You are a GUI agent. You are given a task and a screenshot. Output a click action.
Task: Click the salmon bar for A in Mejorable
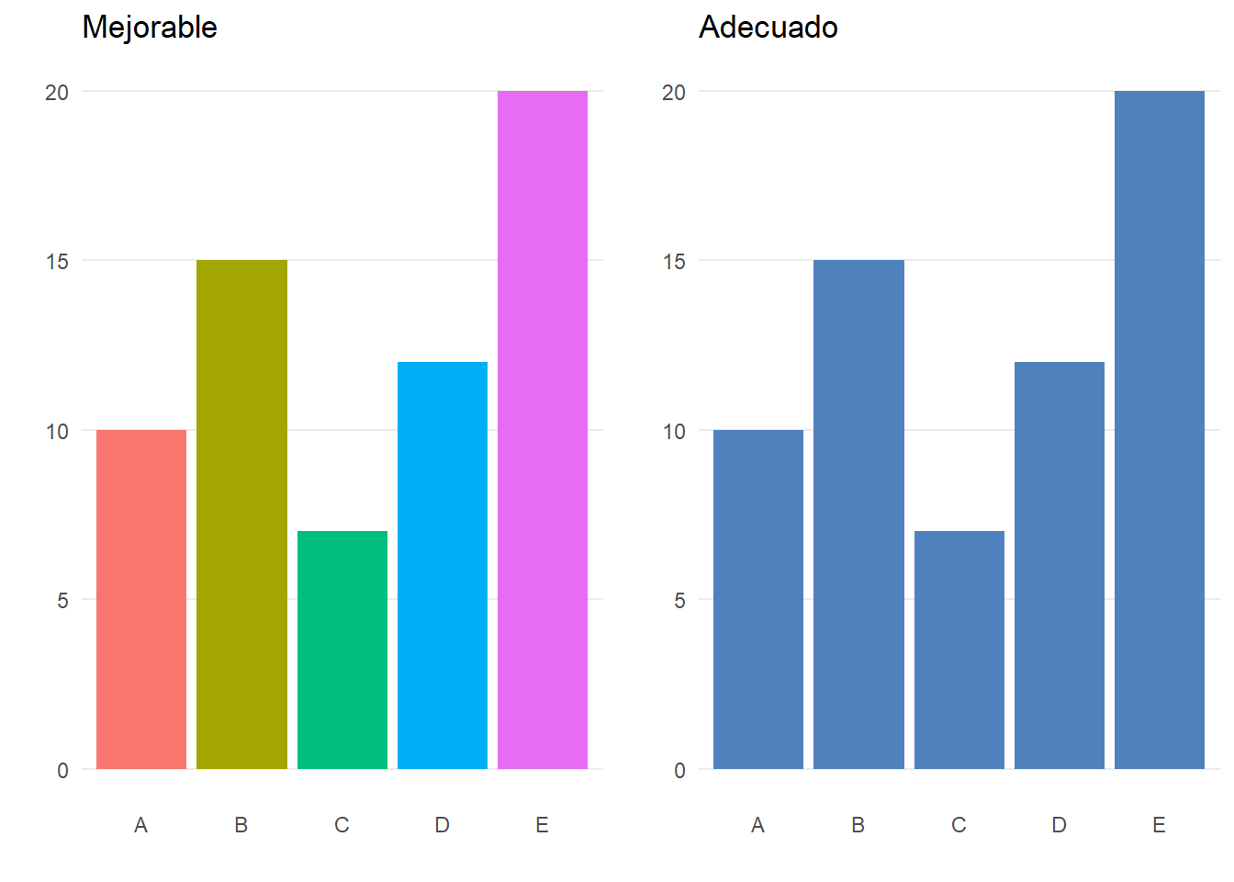141,599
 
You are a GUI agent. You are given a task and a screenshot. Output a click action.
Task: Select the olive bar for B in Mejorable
241,514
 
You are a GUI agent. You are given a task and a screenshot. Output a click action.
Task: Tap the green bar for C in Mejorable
342,650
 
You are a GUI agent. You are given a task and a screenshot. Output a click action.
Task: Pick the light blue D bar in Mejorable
443,565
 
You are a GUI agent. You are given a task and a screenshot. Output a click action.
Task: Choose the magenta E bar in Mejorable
543,430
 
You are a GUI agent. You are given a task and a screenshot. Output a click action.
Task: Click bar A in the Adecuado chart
758,599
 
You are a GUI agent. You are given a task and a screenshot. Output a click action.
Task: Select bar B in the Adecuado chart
858,514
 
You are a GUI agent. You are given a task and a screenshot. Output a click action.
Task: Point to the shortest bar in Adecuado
959,650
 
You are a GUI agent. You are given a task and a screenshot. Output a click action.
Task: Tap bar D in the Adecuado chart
1060,565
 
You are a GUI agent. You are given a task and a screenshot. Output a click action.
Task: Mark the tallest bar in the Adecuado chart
1160,430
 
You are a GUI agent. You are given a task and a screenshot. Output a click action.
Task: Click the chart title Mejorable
150,28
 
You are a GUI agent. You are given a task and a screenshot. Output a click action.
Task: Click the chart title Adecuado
768,28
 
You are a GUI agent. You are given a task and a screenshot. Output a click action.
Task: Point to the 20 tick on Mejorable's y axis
57,92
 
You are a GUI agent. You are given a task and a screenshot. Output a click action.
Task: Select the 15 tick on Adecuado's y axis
674,262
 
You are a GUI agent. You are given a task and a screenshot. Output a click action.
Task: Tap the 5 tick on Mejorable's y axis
62,601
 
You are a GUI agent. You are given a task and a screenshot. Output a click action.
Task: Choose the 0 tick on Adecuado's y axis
679,770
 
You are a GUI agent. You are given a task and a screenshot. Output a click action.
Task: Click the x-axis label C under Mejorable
342,825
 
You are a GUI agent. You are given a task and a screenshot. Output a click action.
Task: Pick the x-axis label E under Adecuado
1159,825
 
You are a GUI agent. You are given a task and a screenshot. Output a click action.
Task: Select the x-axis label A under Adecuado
757,825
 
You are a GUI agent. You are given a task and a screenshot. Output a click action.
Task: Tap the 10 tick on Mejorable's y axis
57,432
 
